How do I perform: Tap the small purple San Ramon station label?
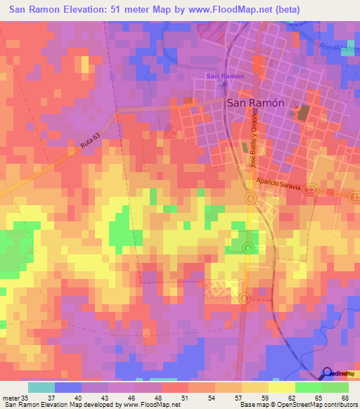coord(225,76)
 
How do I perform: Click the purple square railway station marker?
coord(225,84)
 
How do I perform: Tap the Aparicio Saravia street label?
coord(278,186)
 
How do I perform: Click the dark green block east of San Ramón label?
coord(303,112)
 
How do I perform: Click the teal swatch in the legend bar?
coord(41,387)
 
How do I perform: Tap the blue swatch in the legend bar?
coord(67,387)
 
